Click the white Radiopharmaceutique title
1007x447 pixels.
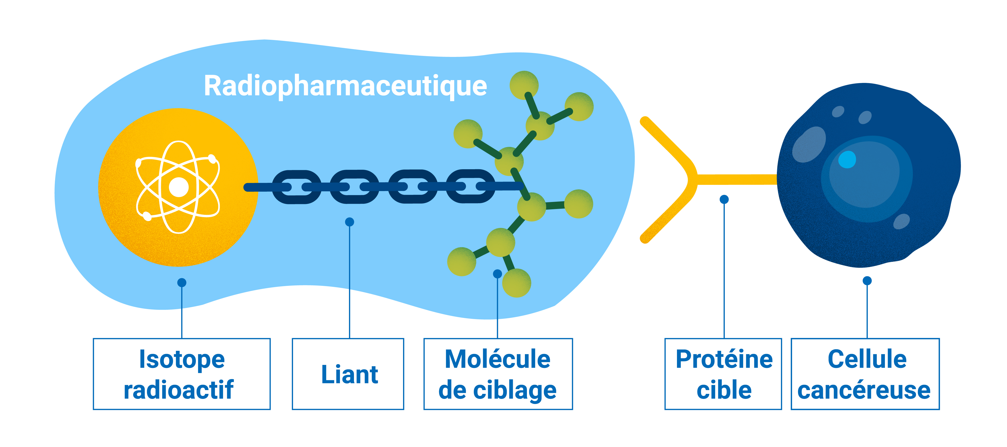tap(345, 86)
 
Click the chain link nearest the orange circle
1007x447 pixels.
tap(296, 187)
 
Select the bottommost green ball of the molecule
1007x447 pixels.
tap(516, 283)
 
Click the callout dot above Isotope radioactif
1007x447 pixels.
tap(182, 282)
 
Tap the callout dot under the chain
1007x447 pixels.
tap(349, 222)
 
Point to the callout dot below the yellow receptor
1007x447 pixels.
tap(724, 199)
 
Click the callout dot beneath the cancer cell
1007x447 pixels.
tap(867, 280)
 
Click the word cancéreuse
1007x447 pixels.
tap(864, 390)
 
